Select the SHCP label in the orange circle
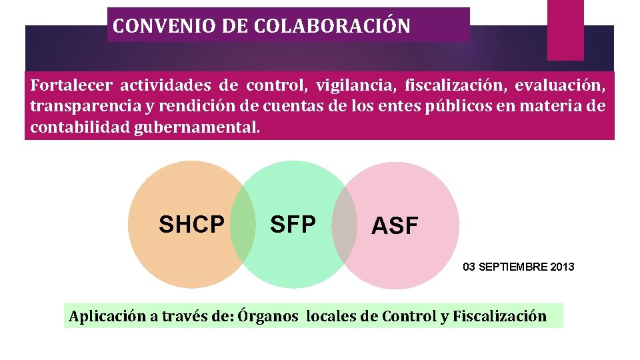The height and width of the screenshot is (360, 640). coord(191,225)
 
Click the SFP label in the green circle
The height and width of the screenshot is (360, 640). coord(293,225)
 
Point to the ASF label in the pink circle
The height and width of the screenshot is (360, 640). coord(395,227)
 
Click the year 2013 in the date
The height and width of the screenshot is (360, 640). coord(562,267)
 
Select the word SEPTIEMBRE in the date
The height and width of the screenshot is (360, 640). coord(512,267)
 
